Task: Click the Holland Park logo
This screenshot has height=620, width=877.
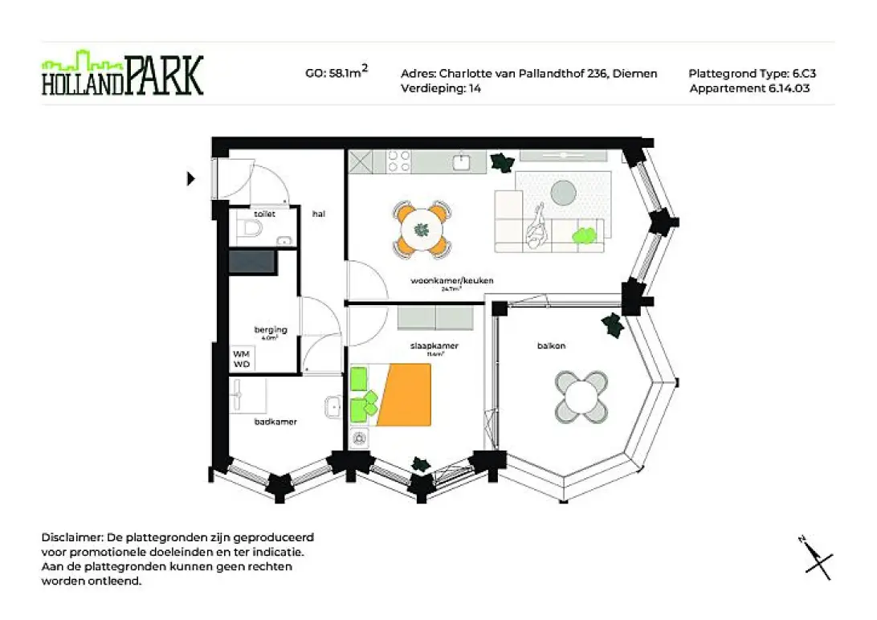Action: [x=122, y=74]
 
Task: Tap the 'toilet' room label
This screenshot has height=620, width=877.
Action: [x=264, y=214]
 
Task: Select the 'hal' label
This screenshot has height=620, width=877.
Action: [x=318, y=214]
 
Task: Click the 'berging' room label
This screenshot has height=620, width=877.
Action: [x=265, y=330]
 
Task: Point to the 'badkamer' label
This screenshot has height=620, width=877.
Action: [x=269, y=421]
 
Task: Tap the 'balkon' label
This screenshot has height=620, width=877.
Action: [x=551, y=346]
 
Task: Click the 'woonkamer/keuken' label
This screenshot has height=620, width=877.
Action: [x=451, y=281]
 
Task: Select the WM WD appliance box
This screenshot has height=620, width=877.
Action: [x=242, y=359]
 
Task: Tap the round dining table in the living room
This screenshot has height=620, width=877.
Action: [x=421, y=230]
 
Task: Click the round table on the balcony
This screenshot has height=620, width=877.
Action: [x=581, y=396]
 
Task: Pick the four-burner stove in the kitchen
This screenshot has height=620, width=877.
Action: [x=398, y=161]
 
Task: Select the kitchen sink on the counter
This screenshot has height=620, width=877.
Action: [x=461, y=162]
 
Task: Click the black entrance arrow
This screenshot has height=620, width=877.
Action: [x=190, y=178]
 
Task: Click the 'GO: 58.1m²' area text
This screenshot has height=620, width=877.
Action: [x=337, y=73]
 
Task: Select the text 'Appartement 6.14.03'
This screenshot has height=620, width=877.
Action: [x=749, y=88]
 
